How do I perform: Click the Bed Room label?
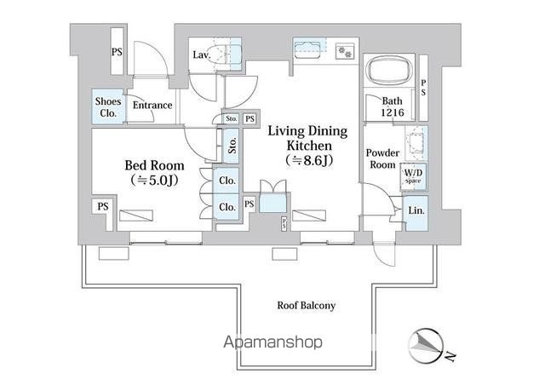point(154,165)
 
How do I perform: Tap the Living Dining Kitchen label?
point(307,138)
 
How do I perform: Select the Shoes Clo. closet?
point(108,106)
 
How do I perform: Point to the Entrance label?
point(152,105)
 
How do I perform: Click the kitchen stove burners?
point(345,51)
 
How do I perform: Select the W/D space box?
point(413,176)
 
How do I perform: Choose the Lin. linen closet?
point(416,213)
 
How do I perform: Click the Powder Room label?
point(382,158)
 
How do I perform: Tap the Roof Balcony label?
point(307,305)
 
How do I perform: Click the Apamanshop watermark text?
point(272,342)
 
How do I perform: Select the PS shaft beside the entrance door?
point(117,51)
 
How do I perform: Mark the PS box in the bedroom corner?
point(102,207)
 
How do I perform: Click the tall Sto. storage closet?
point(231,146)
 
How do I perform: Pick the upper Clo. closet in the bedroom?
point(227,181)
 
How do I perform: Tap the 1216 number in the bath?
point(393,112)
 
